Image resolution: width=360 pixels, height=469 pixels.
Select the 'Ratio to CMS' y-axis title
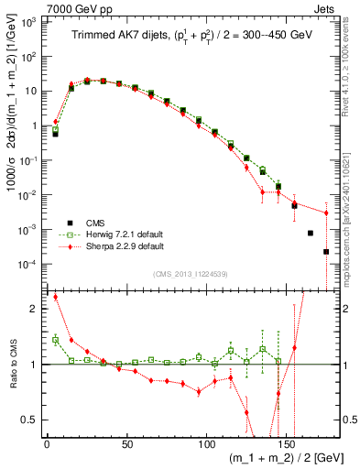[x=11, y=365]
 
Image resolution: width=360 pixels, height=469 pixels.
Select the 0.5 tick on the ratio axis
[x=31, y=420]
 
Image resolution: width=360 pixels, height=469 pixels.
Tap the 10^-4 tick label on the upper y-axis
[x=28, y=264]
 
